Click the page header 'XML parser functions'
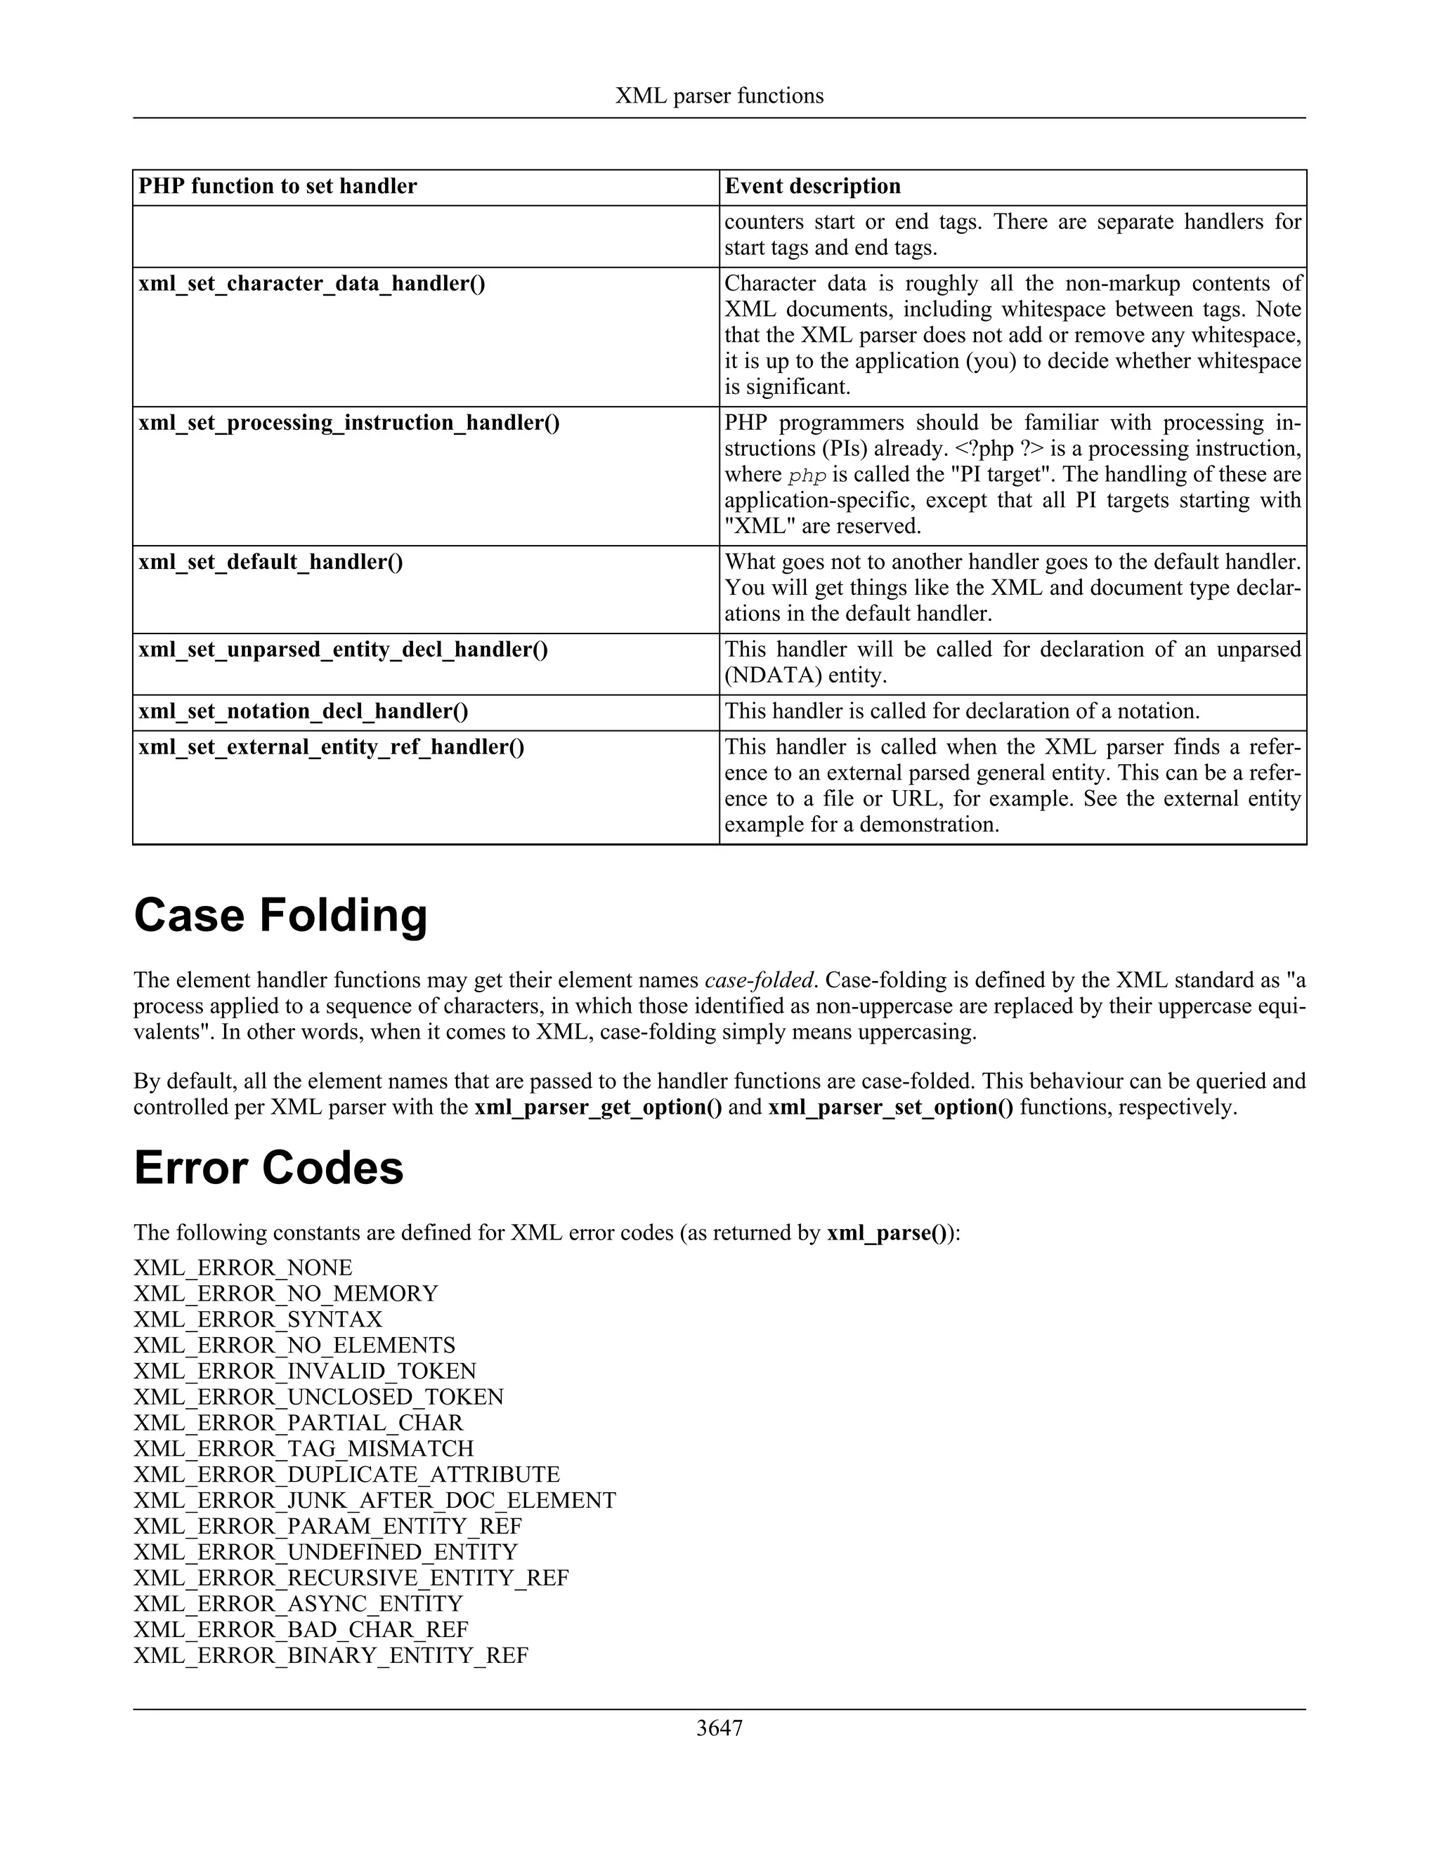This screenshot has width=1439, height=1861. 719,96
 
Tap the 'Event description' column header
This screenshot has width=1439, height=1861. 812,187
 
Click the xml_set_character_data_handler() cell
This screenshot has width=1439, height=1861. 311,284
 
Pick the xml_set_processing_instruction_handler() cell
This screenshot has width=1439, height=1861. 349,423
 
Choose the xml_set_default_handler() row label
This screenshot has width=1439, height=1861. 271,563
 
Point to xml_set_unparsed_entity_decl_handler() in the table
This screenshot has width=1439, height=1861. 343,650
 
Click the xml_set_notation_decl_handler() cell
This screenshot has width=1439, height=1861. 303,711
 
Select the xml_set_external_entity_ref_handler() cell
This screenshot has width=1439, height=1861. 331,747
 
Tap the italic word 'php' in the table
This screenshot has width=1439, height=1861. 807,476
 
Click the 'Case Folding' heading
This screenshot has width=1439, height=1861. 280,915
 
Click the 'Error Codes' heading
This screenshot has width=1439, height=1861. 268,1167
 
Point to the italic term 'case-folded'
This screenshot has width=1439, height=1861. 759,981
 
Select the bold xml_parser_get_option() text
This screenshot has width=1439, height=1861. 599,1107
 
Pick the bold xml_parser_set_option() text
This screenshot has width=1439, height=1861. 891,1107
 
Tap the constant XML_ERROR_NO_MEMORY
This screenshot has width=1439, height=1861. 285,1294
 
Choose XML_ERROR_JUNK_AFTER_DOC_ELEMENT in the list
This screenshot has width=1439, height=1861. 375,1501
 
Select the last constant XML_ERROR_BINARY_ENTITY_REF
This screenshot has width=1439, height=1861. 331,1656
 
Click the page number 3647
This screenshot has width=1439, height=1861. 719,1728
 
